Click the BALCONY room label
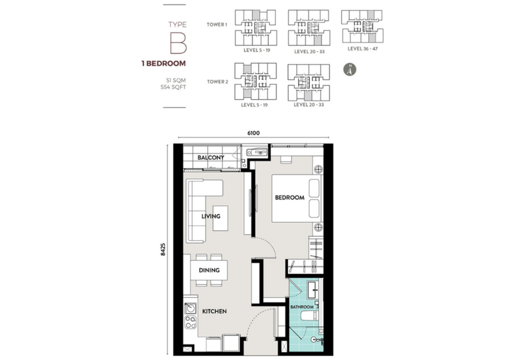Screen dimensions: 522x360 [x=211, y=157]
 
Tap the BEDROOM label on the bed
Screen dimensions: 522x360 [x=290, y=198]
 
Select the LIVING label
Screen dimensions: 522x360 [x=211, y=217]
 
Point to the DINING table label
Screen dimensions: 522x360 [x=209, y=270]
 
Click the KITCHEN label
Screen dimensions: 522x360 [x=215, y=312]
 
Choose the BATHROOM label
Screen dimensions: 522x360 [x=302, y=307]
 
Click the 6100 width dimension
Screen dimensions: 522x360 [x=253, y=133]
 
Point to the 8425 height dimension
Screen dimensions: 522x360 [x=162, y=249]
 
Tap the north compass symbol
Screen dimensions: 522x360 [x=350, y=70]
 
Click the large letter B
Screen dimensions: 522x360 [x=178, y=43]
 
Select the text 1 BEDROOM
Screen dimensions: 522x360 [x=164, y=63]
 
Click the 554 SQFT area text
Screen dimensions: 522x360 [x=173, y=87]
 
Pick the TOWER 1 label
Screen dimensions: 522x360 [x=217, y=25]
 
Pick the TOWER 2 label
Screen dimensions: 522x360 [x=218, y=82]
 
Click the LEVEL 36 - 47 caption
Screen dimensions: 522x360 [x=363, y=48]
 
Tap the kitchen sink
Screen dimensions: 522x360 [x=191, y=308]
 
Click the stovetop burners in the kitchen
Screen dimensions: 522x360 [x=191, y=322]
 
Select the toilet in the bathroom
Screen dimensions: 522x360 [x=316, y=340]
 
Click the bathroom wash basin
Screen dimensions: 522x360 [x=313, y=290]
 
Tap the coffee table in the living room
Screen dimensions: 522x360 [x=221, y=218]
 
